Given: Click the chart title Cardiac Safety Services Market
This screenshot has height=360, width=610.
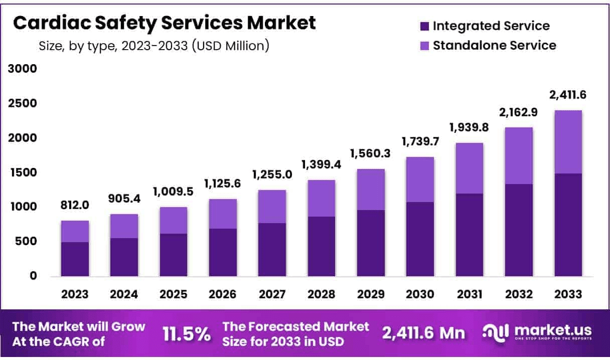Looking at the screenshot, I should (165, 23).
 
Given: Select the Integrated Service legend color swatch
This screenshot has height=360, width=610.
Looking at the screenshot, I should (424, 26).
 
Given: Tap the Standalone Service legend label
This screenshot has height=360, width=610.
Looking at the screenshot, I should (494, 45).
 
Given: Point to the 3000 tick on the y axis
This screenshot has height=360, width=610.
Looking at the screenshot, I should (23, 69).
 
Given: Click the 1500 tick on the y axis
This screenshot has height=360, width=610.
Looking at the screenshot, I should (23, 172).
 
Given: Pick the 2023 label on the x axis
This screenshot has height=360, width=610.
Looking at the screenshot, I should (75, 294).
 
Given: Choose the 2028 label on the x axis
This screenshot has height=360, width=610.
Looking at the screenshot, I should (322, 294).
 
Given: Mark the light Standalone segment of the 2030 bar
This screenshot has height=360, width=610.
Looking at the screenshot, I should (420, 179).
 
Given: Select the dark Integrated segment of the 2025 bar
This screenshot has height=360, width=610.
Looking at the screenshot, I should (174, 255).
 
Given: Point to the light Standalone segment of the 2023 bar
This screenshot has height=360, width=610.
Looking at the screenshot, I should (75, 231).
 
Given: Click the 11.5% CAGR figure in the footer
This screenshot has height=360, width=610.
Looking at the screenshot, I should (187, 334).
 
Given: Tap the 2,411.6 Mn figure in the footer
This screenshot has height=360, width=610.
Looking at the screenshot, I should (424, 333).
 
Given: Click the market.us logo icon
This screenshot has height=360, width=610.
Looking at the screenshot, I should (494, 332).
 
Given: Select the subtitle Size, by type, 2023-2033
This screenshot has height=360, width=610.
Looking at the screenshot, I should (154, 46).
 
